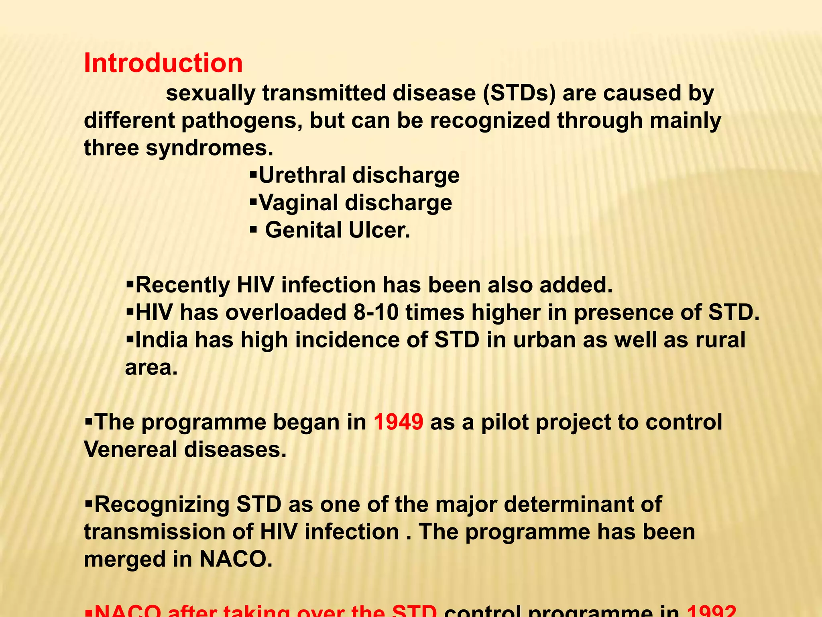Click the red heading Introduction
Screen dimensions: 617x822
tap(163, 63)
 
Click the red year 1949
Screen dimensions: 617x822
tap(398, 422)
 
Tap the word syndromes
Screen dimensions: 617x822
tap(209, 148)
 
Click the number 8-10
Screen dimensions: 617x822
tap(376, 313)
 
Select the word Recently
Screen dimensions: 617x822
tap(183, 285)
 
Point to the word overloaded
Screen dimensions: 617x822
tap(285, 313)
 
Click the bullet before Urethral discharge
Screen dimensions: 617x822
tap(253, 175)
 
